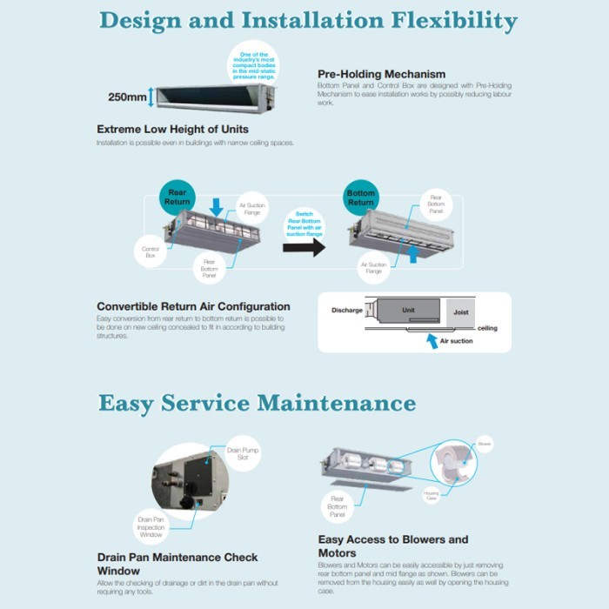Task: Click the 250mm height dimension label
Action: (x=127, y=97)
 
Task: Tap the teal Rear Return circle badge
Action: (x=177, y=196)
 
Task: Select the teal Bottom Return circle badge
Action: (x=361, y=197)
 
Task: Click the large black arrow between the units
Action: (x=304, y=247)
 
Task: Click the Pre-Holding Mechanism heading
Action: (x=381, y=74)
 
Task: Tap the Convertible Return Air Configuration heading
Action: (x=193, y=306)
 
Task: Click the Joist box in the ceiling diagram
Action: (x=460, y=311)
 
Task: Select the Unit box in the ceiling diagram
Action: (x=408, y=311)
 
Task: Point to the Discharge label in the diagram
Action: (x=346, y=310)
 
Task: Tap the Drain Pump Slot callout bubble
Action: (x=243, y=453)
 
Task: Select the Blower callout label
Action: (x=485, y=442)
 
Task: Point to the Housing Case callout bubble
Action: (x=432, y=496)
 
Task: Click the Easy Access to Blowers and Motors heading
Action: (x=392, y=545)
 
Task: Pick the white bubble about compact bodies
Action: (x=253, y=64)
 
